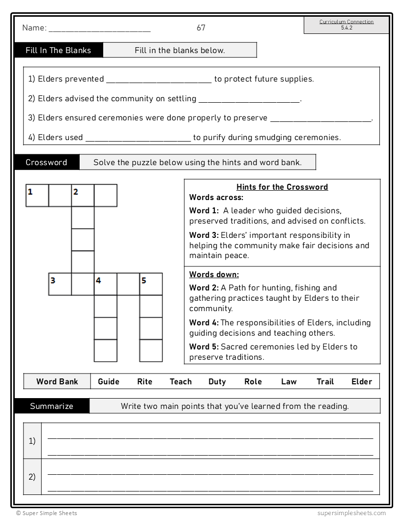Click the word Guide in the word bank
pyautogui.click(x=109, y=381)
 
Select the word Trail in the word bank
pyautogui.click(x=325, y=381)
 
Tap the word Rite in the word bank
pyautogui.click(x=144, y=381)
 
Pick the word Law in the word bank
pyautogui.click(x=289, y=381)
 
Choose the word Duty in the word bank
pyautogui.click(x=217, y=381)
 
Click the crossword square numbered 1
pyautogui.click(x=37, y=195)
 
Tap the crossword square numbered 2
pyautogui.click(x=83, y=195)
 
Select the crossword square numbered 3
pyautogui.click(x=60, y=284)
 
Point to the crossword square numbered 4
pyautogui.click(x=105, y=284)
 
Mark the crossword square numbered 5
pyautogui.click(x=151, y=284)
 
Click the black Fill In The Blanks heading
pyautogui.click(x=58, y=50)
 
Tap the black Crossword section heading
pyautogui.click(x=46, y=162)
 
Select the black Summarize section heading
pyautogui.click(x=52, y=406)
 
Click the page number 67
pyautogui.click(x=201, y=28)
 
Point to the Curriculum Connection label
pyautogui.click(x=346, y=22)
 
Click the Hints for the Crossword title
pyautogui.click(x=282, y=187)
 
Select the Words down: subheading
pyautogui.click(x=214, y=274)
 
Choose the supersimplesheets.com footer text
pyautogui.click(x=351, y=513)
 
